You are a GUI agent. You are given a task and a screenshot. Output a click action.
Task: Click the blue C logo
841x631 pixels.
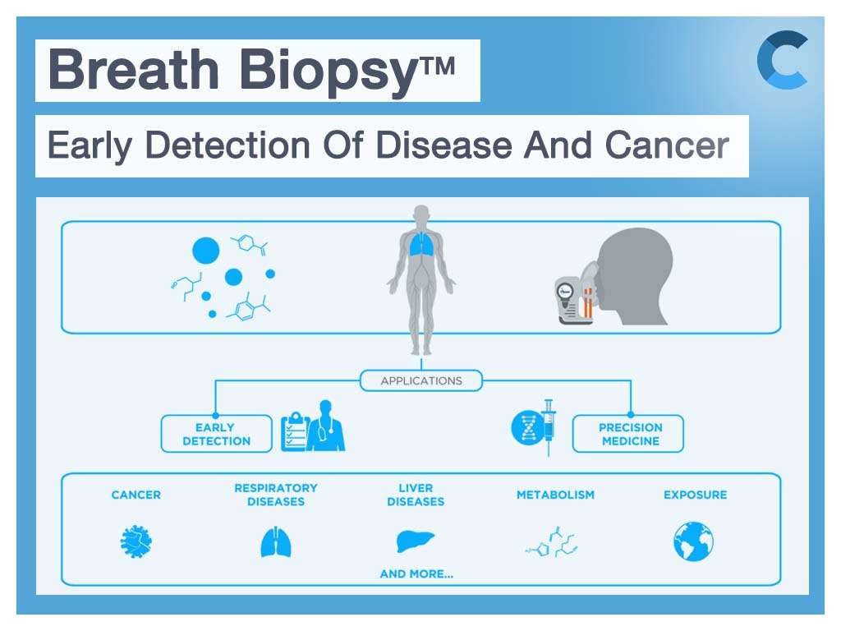pos(781,59)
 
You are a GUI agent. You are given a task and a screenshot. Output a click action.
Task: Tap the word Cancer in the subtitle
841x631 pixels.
pos(667,145)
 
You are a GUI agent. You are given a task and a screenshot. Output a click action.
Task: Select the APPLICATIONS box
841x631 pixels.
pos(421,380)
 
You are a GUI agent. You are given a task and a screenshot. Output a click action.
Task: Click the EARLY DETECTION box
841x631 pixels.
pos(216,434)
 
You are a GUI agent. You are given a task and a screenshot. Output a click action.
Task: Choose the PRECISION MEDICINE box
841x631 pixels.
pos(630,434)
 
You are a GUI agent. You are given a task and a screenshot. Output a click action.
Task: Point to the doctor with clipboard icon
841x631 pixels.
pos(313,426)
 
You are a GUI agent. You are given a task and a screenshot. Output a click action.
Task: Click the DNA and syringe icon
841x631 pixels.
pos(534,427)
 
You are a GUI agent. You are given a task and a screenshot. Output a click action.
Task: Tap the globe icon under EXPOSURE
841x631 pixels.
pos(694,542)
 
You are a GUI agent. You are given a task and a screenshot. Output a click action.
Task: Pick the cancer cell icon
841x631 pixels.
pos(136,542)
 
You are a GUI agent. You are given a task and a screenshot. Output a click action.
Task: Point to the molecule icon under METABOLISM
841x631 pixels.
pos(554,542)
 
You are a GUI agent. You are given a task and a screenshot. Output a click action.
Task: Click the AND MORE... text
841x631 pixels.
pos(416,574)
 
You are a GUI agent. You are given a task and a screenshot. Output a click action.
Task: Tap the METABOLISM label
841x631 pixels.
pos(555,495)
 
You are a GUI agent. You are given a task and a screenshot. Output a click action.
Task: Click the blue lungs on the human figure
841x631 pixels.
pos(421,244)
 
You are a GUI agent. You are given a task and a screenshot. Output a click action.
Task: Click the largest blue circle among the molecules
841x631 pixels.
pos(205,250)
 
